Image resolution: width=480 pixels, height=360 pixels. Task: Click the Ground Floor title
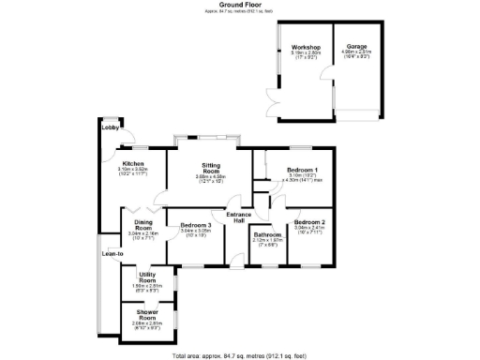239,4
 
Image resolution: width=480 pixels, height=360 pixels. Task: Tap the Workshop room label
306,47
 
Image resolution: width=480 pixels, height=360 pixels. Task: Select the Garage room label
356,46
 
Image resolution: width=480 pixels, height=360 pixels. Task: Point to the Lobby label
109,127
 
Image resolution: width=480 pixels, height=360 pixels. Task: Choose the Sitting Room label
212,170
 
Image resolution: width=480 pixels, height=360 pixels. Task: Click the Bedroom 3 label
197,225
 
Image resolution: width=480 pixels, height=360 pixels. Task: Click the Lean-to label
112,253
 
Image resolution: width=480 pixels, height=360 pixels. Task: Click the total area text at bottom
239,355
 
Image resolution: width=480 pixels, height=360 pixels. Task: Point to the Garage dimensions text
356,53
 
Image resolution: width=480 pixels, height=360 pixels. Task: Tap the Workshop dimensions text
306,54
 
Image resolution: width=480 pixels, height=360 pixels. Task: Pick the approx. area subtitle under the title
239,11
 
